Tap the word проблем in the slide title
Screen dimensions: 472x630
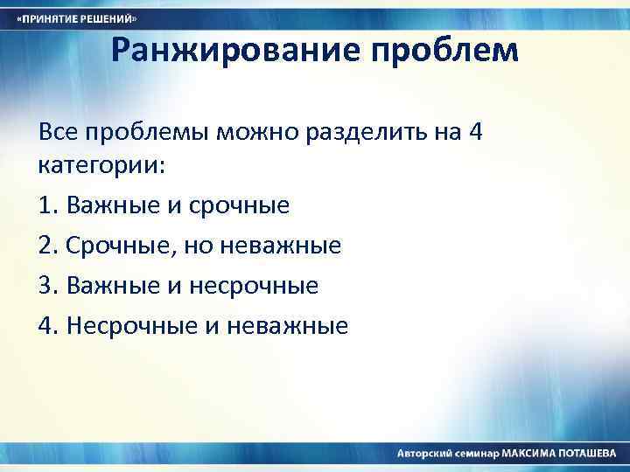point(447,52)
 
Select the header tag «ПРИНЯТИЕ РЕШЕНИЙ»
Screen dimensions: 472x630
point(78,18)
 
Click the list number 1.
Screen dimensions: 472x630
point(46,205)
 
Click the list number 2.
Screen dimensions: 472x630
point(47,246)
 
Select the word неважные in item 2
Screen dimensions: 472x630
point(283,246)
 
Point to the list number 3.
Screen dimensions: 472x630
point(47,286)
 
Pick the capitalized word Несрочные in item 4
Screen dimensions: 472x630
point(134,326)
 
